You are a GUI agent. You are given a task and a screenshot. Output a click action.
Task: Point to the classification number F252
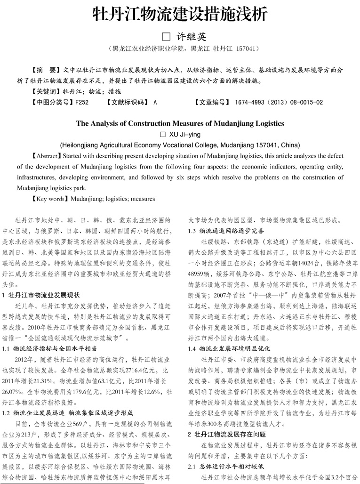pos(82,102)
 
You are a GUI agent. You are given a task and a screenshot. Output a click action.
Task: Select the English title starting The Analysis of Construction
pos(180,123)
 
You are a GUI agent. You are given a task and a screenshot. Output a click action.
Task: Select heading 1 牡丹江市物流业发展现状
pos(42,295)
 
